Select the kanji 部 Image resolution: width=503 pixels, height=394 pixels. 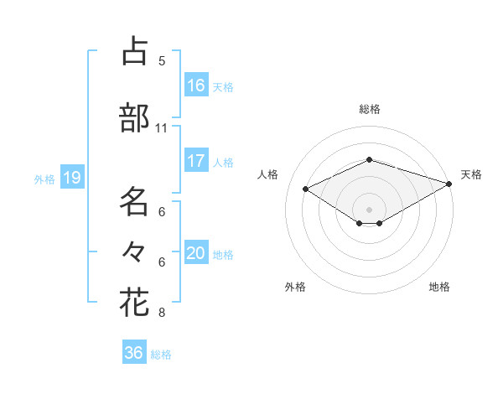click(x=134, y=118)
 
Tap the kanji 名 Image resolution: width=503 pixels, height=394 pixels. click(x=134, y=202)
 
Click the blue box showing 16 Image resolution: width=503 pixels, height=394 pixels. click(x=196, y=85)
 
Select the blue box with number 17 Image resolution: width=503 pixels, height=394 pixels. click(x=196, y=161)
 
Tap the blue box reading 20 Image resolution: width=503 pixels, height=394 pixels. click(x=196, y=253)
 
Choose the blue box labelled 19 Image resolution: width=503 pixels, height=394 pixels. click(x=72, y=178)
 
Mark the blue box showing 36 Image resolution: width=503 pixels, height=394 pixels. click(x=134, y=353)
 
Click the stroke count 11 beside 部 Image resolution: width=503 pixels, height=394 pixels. click(x=161, y=128)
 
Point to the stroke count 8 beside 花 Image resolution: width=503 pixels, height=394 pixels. click(x=161, y=313)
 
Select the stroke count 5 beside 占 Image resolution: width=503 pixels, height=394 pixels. click(x=161, y=61)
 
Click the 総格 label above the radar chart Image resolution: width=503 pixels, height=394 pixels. click(x=370, y=109)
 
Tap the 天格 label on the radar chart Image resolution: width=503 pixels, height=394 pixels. click(x=472, y=174)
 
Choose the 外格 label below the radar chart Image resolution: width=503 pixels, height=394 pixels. click(x=295, y=287)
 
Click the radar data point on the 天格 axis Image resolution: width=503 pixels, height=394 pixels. click(x=450, y=184)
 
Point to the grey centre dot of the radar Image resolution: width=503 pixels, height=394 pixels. click(x=369, y=209)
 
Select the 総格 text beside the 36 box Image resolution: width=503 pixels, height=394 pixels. click(x=161, y=355)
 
